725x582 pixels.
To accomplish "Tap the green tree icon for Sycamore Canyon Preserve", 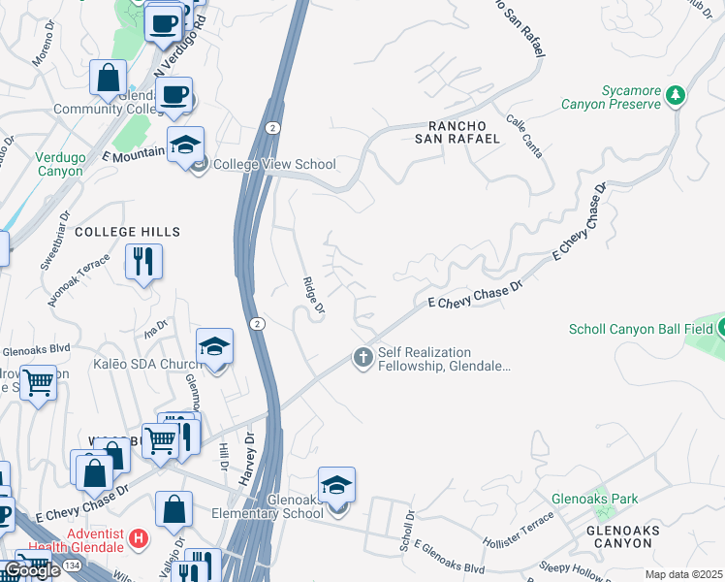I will pos(676,96).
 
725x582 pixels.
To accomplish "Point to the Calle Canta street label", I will pos(523,135).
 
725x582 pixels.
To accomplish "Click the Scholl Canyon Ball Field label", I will pos(640,329).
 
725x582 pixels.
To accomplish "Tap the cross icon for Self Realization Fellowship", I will pos(363,358).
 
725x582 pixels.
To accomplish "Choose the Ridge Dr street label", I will pos(313,296).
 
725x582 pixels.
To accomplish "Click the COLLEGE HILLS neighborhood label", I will pos(127,232).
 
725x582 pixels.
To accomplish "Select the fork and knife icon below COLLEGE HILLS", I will pos(143,261).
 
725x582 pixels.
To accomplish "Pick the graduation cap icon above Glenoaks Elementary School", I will pos(336,484).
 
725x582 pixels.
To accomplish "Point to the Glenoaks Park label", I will pos(595,499).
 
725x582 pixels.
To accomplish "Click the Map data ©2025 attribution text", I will pos(683,574).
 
